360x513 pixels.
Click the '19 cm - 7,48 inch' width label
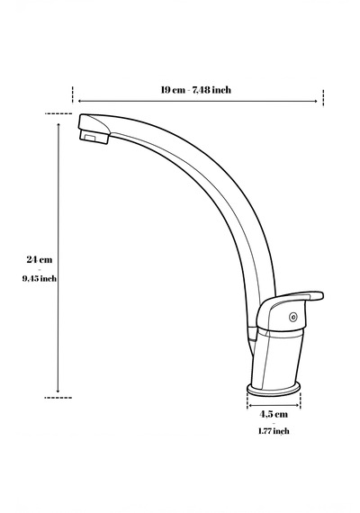(195, 90)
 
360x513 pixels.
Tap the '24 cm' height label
(40, 259)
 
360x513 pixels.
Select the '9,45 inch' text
(40, 278)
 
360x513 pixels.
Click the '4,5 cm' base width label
(274, 414)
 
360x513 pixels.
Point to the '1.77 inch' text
(274, 431)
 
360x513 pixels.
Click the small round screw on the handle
(292, 317)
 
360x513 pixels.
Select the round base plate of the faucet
(274, 390)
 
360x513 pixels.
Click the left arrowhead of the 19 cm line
(79, 102)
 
